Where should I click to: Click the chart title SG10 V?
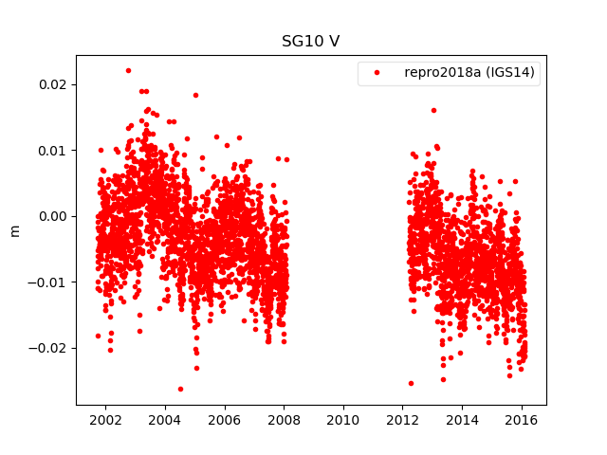[x=310, y=42]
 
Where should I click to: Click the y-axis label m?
[x=14, y=230]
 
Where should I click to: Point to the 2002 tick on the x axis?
[x=104, y=420]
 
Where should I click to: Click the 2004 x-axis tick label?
[x=164, y=420]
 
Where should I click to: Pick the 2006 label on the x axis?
[x=224, y=420]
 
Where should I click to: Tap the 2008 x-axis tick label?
[x=284, y=420]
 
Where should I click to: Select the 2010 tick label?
[x=343, y=420]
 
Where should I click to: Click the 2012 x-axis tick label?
[x=403, y=420]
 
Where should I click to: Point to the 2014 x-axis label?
[x=463, y=420]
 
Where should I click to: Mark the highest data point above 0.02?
[x=128, y=70]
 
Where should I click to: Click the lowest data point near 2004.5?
[x=180, y=389]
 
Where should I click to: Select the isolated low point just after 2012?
[x=411, y=383]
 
